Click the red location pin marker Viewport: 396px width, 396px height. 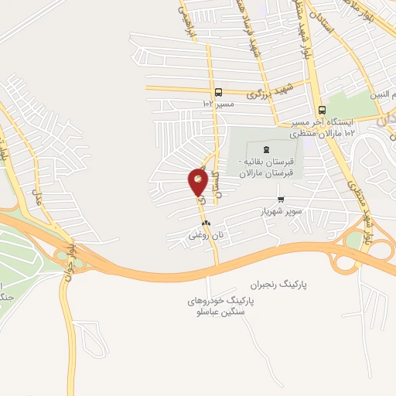click(x=198, y=183)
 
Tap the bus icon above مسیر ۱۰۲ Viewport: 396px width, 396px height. click(x=219, y=90)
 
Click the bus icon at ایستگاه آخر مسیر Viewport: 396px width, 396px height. click(x=321, y=110)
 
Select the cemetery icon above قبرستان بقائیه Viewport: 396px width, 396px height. click(x=267, y=148)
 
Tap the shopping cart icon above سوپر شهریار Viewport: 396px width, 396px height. click(x=280, y=199)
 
